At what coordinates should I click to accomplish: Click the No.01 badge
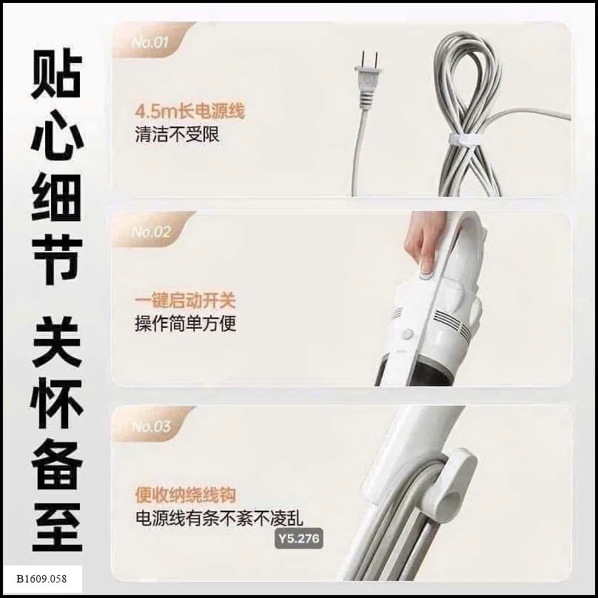[x=149, y=42]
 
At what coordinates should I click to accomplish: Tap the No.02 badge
[x=151, y=232]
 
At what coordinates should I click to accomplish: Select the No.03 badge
[x=151, y=426]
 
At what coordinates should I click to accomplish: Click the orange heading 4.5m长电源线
[x=189, y=111]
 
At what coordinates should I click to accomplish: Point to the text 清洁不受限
[x=178, y=134]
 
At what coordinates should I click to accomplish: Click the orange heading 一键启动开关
[x=185, y=301]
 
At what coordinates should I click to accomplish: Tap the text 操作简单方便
[x=185, y=323]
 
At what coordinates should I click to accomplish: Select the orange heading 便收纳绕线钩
[x=185, y=495]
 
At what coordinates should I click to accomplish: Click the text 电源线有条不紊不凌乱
[x=219, y=518]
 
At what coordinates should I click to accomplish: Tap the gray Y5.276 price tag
[x=299, y=539]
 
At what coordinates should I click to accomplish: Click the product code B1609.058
[x=41, y=579]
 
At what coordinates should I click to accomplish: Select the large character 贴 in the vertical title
[x=56, y=73]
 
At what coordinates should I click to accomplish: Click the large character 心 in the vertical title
[x=57, y=135]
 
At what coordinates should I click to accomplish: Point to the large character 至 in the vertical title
[x=57, y=527]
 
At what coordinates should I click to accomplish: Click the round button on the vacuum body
[x=408, y=335]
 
